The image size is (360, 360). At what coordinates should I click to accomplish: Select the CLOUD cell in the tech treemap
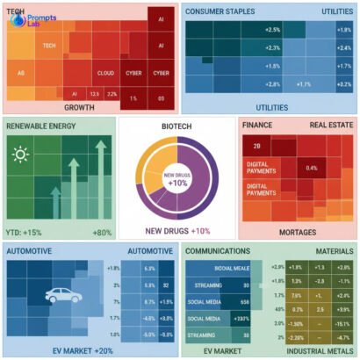point(106,74)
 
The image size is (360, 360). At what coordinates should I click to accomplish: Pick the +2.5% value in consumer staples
point(272,30)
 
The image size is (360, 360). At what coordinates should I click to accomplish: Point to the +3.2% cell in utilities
point(342,84)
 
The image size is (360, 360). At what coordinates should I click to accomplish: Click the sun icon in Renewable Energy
point(19,156)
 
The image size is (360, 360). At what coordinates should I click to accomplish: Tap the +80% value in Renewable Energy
point(102,232)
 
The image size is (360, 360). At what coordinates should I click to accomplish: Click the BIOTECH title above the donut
point(179,126)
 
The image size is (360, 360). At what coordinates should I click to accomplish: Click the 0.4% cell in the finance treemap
point(311,168)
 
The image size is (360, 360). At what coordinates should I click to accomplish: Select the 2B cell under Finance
point(257,145)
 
